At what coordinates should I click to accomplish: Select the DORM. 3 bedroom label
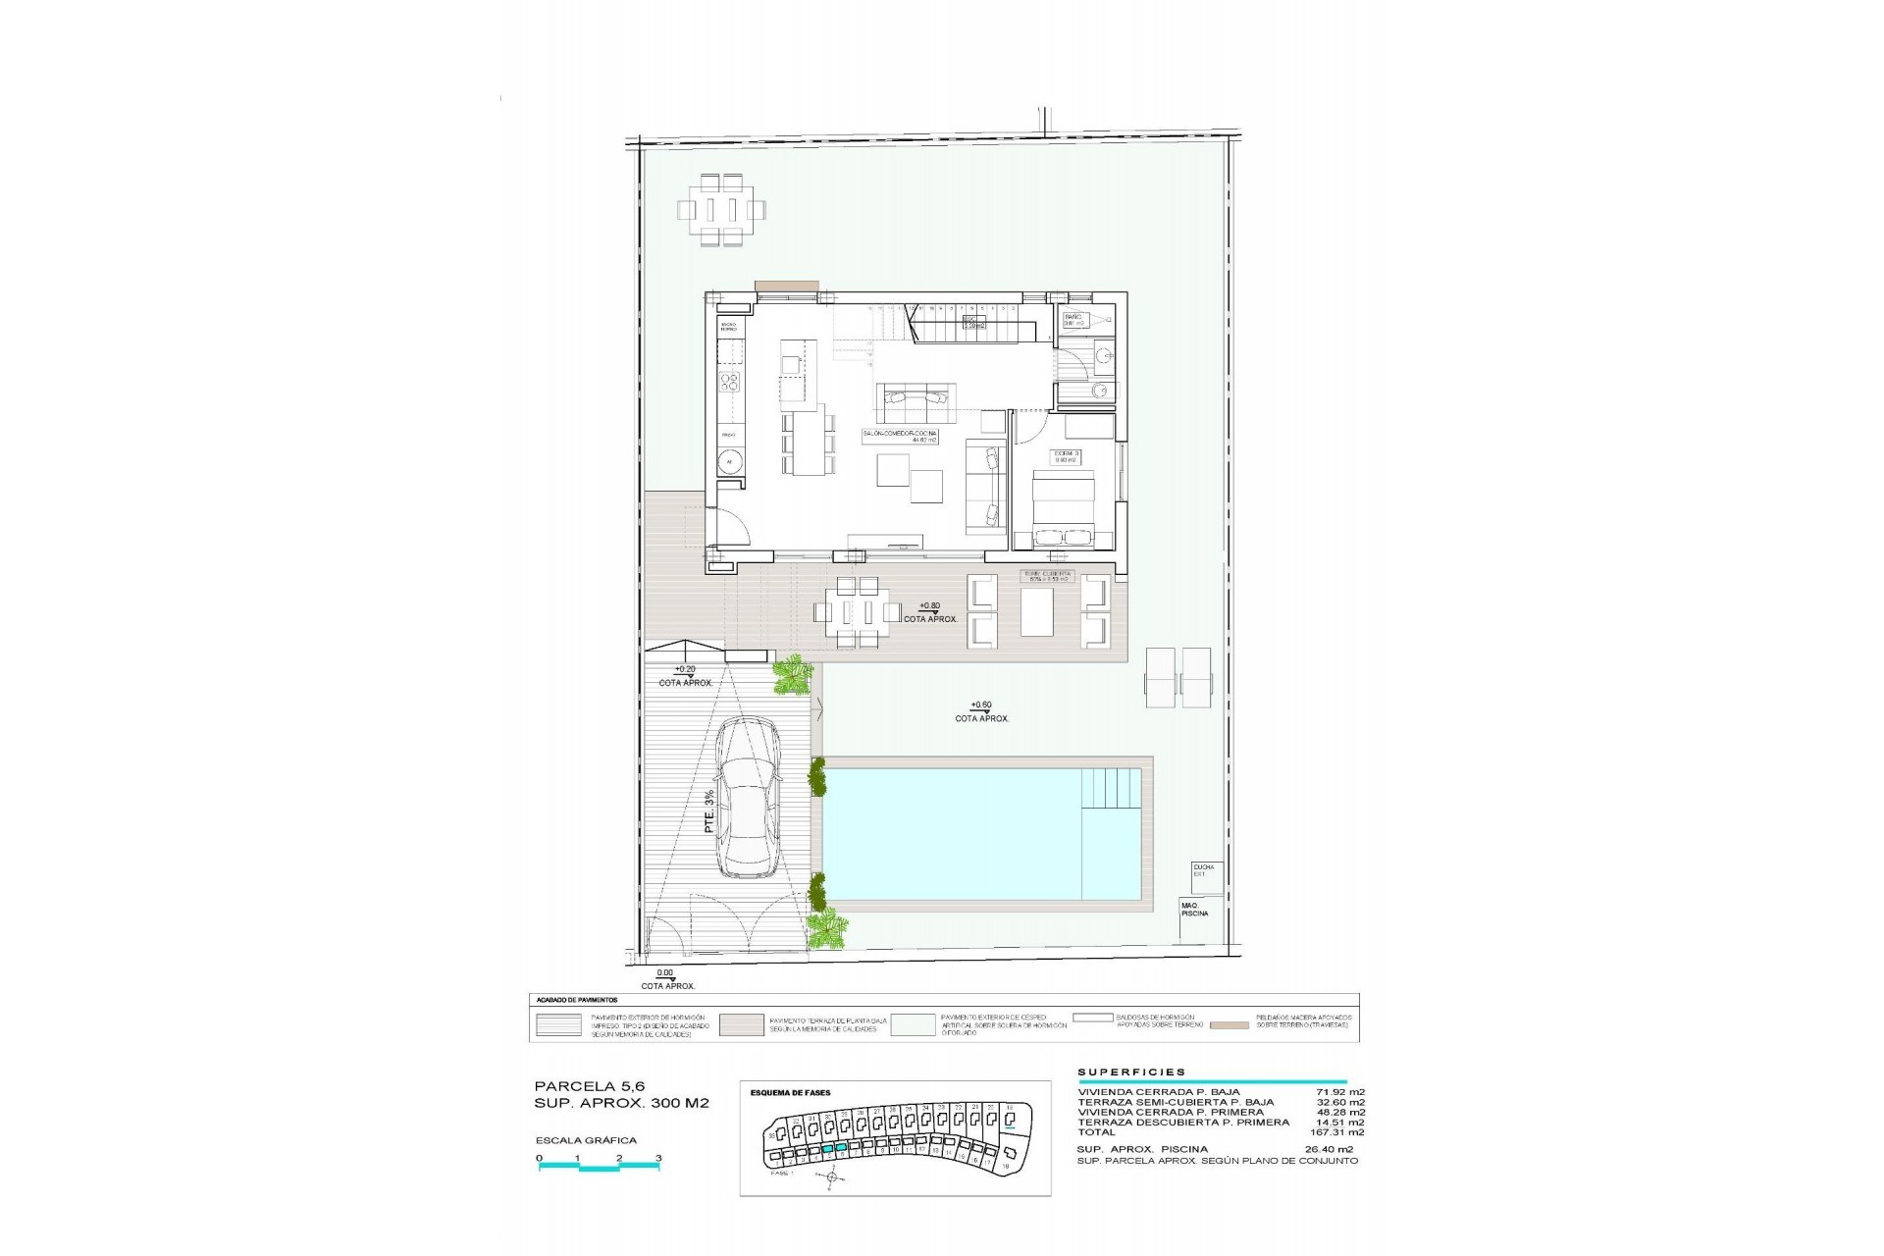pyautogui.click(x=1067, y=455)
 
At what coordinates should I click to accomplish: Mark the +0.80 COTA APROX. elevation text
pyautogui.click(x=931, y=611)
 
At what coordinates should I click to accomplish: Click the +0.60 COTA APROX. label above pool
pyautogui.click(x=981, y=711)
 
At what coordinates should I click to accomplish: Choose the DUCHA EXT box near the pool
pyautogui.click(x=1205, y=871)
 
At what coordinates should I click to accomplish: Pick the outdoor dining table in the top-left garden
pyautogui.click(x=721, y=209)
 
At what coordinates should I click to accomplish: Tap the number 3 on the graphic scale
pyautogui.click(x=659, y=1158)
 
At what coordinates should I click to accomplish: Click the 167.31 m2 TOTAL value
pyautogui.click(x=1340, y=1132)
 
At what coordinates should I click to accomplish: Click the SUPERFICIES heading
pyautogui.click(x=1131, y=1073)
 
